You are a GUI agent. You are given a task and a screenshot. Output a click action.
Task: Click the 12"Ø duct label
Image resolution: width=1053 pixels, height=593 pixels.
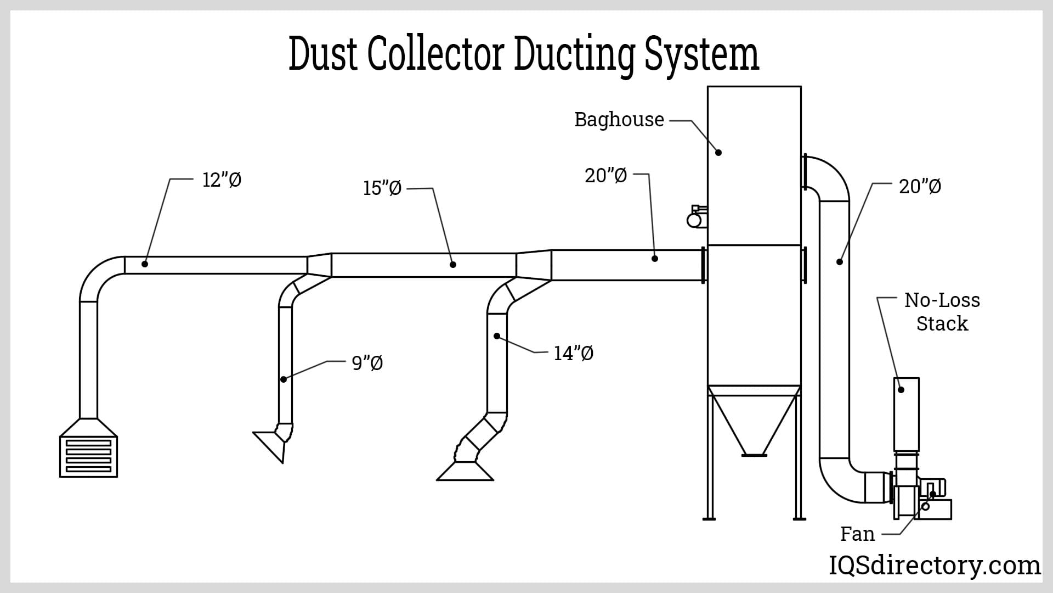click(x=222, y=180)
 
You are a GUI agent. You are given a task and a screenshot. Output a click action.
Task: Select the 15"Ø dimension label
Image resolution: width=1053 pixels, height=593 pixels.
click(x=382, y=188)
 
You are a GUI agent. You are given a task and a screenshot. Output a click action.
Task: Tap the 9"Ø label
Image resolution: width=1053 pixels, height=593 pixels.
click(x=367, y=363)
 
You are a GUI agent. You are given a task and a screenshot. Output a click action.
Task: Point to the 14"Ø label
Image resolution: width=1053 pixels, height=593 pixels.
click(x=573, y=353)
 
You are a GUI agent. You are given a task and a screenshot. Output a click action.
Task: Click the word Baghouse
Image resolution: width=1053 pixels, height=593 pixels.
click(x=619, y=120)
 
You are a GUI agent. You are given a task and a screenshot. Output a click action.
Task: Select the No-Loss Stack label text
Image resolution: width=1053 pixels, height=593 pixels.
click(x=942, y=312)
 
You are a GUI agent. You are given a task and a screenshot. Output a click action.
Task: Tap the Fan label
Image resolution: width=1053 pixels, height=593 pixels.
click(x=857, y=534)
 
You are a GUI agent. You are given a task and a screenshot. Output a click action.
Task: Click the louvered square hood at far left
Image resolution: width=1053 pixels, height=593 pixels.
click(x=88, y=456)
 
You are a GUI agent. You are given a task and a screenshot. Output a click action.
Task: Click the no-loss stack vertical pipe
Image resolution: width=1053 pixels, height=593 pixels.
click(x=906, y=415)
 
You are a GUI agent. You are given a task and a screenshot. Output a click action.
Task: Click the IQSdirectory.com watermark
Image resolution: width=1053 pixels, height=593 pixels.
click(x=934, y=565)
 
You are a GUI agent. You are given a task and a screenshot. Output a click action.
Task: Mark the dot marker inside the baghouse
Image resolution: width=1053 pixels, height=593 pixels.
click(x=718, y=152)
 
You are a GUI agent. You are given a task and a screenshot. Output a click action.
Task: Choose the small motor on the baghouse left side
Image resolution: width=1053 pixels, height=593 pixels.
click(x=695, y=217)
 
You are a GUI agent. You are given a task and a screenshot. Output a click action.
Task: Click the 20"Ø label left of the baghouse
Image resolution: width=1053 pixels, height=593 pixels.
click(x=605, y=176)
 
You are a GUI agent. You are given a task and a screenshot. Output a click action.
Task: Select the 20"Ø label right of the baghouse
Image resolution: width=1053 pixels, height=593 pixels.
click(x=920, y=187)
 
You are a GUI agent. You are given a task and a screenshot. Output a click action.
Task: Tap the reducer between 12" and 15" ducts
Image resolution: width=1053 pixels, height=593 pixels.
click(x=319, y=265)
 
